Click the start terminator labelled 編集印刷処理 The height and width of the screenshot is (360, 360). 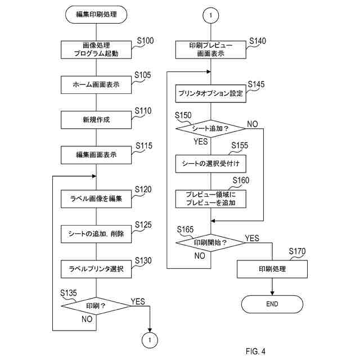pos(96,15)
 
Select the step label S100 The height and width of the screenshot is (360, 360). pos(145,40)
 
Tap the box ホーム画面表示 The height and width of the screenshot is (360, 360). pos(96,85)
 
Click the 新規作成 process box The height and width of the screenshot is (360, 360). pos(96,120)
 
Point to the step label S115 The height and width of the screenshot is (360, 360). pos(144,146)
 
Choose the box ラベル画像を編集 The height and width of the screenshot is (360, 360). pos(96,199)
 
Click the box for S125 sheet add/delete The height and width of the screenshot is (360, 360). pos(96,234)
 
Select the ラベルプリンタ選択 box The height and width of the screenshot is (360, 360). pos(96,269)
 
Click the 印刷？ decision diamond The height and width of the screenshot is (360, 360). pos(96,306)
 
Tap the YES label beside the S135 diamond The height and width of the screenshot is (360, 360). pos(138,301)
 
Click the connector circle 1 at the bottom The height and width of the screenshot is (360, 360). pos(150,340)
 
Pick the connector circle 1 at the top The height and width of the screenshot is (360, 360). pos(211,15)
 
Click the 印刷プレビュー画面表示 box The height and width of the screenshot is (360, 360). pos(211,49)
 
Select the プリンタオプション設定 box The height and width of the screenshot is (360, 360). pos(211,93)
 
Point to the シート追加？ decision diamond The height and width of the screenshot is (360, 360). pos(211,129)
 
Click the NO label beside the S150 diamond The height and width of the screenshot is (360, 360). pos(253,124)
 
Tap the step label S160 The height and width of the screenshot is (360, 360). pos(241,180)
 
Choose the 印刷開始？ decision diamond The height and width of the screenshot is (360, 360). pos(211,242)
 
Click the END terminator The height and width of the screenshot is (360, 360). pos(272,304)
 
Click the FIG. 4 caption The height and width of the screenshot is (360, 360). pos(255,351)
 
